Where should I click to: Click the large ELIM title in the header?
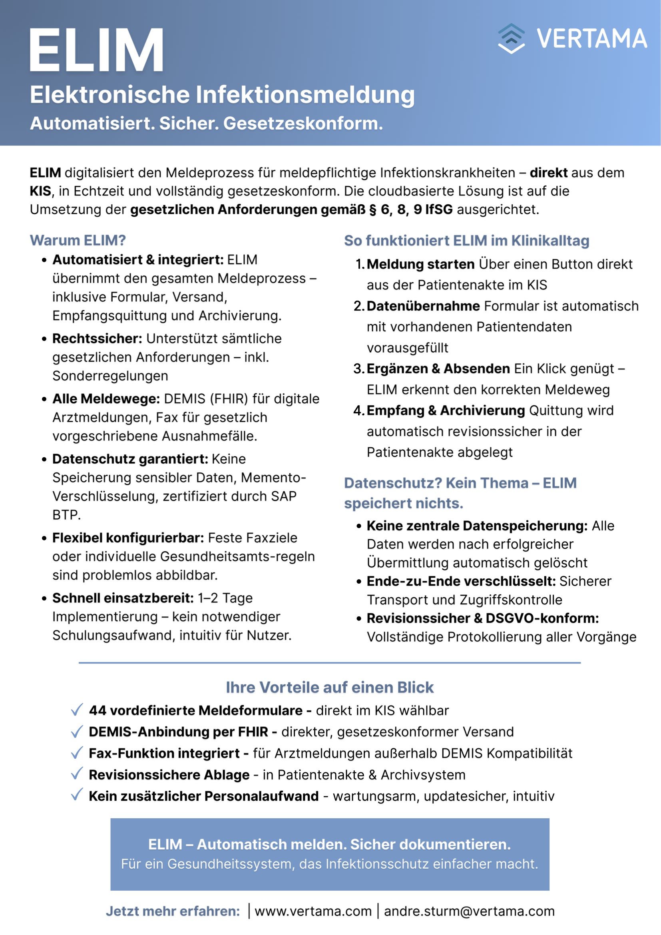pos(96,51)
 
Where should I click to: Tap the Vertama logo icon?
pos(511,39)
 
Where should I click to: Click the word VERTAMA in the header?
pos(591,39)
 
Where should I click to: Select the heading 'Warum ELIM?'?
pos(78,240)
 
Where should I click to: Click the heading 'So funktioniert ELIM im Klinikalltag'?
pos(466,241)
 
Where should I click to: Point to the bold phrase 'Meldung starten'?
pos(420,264)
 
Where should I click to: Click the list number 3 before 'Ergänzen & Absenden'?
pos(358,369)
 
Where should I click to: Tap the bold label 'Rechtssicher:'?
pos(97,339)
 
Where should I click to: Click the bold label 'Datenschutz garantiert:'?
pos(130,459)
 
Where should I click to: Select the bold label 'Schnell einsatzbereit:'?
pos(123,598)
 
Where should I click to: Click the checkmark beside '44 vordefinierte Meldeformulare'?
pos(77,710)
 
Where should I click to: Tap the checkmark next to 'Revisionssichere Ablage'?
pos(77,774)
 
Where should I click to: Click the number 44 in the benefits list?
pos(98,711)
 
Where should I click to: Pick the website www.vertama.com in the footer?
pos(313,911)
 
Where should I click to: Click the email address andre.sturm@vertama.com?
pos(469,911)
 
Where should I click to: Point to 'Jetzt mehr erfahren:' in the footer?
pos(173,911)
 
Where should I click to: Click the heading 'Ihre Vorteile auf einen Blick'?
pos(330,688)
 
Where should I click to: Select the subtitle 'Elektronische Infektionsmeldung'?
pos(222,94)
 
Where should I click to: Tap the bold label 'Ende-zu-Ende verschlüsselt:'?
pos(461,581)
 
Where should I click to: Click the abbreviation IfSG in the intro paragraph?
pos(439,209)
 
